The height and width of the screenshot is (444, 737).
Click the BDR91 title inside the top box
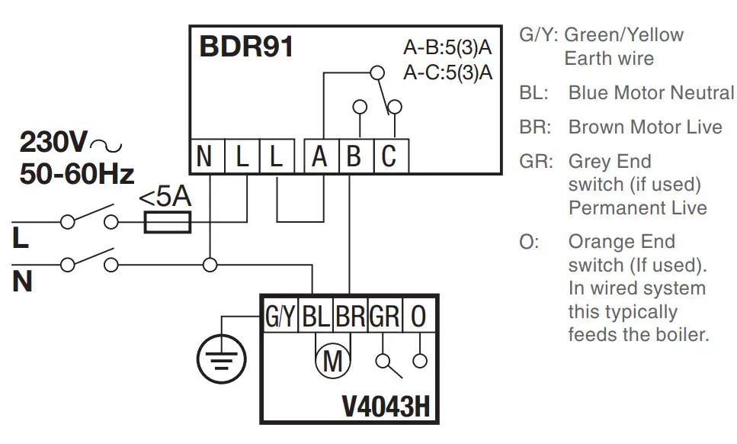click(246, 47)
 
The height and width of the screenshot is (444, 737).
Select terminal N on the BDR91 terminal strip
click(204, 157)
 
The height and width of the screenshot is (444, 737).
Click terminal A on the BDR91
click(320, 157)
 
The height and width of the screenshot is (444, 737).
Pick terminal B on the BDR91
click(354, 157)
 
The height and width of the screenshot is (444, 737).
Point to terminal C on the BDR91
click(389, 157)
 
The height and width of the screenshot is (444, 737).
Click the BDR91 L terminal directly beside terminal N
click(240, 157)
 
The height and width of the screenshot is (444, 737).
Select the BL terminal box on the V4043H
click(316, 316)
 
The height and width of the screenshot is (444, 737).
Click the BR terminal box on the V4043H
click(351, 316)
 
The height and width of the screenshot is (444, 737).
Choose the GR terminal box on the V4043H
click(385, 316)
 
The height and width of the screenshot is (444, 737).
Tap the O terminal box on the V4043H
click(418, 316)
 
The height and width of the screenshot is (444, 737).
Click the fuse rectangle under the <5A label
click(167, 222)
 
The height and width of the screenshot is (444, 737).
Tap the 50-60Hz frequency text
click(77, 173)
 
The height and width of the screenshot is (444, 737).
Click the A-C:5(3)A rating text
click(447, 73)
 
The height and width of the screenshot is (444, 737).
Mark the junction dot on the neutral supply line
click(209, 265)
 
